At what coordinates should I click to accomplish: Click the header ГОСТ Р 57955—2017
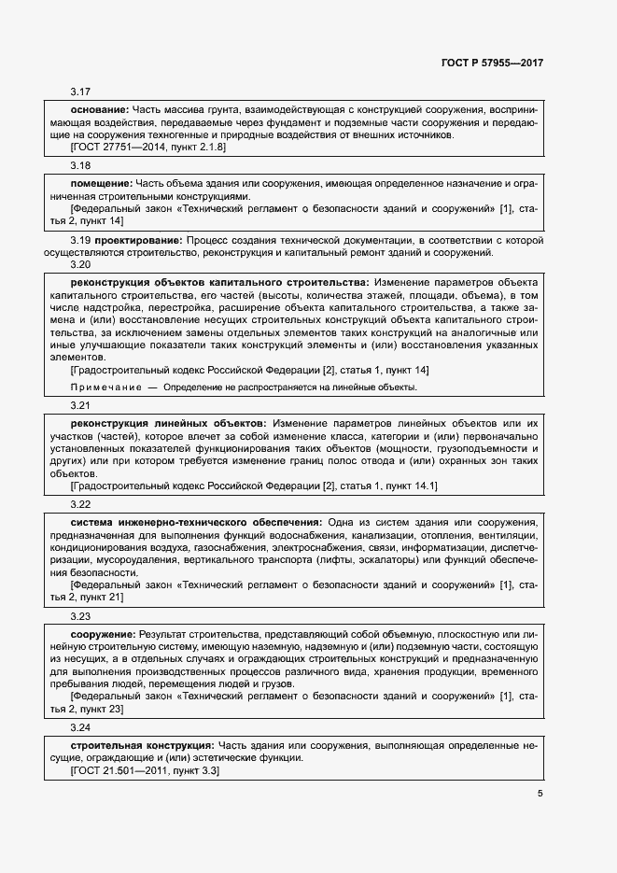491,63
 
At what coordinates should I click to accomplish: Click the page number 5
540,794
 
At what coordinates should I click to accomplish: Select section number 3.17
80,92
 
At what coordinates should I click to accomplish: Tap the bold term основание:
100,110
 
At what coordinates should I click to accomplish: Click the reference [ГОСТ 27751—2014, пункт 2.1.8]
148,147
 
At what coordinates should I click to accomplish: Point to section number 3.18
80,165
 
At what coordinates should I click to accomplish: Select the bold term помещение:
101,184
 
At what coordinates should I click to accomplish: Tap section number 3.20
80,263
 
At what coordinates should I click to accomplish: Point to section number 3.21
80,406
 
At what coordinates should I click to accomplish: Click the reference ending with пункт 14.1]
254,486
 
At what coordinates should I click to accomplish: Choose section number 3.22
80,504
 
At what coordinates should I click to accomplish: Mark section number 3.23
80,616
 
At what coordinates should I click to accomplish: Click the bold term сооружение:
103,634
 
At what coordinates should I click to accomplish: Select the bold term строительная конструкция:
142,746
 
